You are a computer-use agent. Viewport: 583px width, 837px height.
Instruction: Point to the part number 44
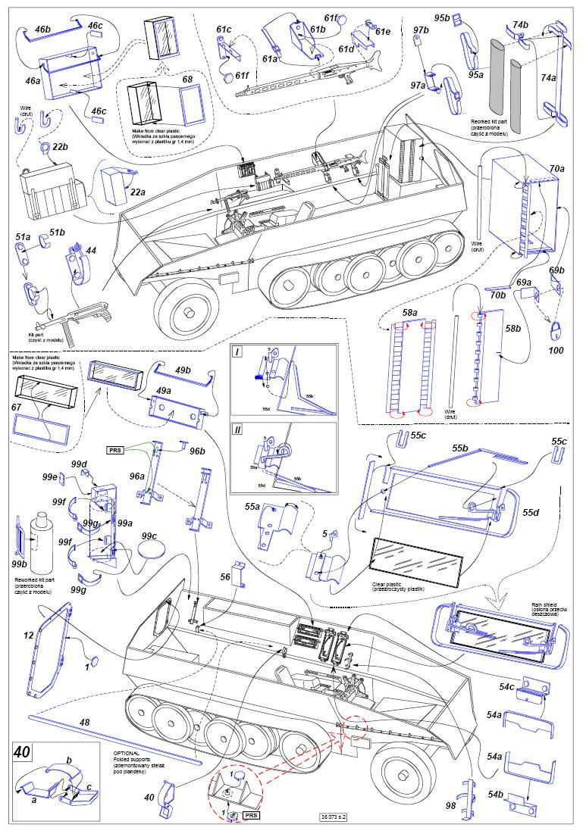[90, 250]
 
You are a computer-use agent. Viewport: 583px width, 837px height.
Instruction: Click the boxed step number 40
[23, 753]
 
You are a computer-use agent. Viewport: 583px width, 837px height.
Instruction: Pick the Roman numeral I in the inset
[238, 353]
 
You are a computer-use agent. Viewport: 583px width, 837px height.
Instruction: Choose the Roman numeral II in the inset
[239, 429]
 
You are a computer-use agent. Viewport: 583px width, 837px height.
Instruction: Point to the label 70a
[557, 167]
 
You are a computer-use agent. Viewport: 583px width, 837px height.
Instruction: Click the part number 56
[225, 576]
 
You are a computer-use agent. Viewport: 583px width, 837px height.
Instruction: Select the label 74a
[547, 77]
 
